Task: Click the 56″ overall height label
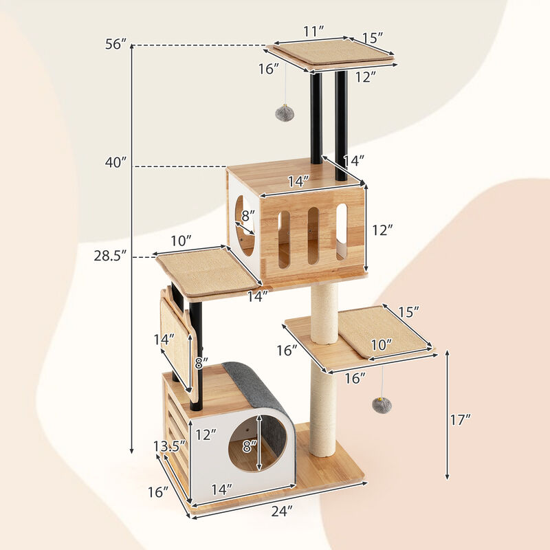point(115,45)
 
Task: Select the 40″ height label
point(115,163)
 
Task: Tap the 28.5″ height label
point(111,256)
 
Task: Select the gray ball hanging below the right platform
point(382,405)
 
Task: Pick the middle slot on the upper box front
point(313,236)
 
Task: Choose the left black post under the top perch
point(316,117)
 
